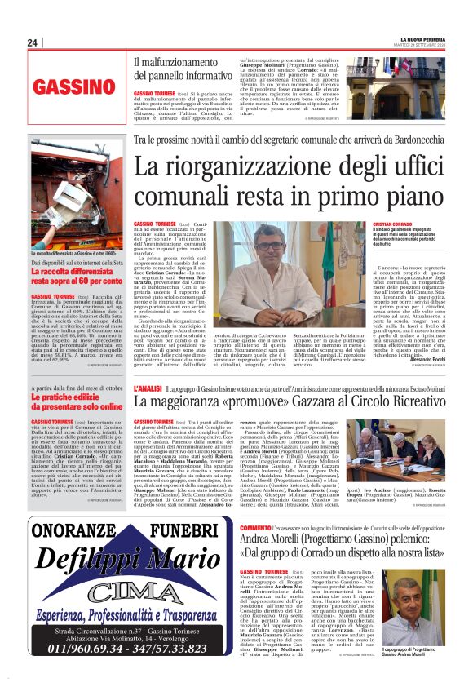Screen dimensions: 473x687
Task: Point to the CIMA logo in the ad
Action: (x=121, y=591)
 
